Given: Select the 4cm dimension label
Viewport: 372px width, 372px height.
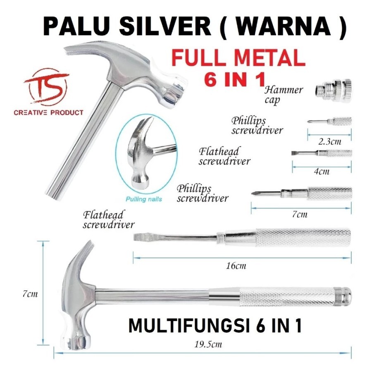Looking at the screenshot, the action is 322,171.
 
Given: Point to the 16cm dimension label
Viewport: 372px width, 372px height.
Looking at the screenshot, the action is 236,266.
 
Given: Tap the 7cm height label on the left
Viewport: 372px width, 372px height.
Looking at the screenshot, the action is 30,294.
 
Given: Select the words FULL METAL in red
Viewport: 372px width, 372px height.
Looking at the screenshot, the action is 238,59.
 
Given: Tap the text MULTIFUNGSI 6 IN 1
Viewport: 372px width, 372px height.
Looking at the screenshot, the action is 215,325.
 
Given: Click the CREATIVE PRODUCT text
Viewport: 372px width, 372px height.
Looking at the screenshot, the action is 48,112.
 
